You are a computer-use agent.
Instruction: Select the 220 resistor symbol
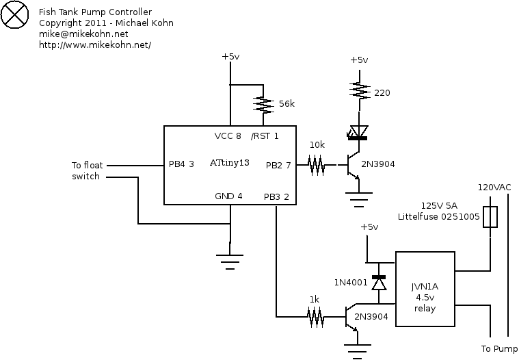pos(358,90)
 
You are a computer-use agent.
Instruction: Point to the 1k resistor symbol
pos(315,317)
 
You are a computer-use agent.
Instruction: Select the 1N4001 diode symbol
pos(378,282)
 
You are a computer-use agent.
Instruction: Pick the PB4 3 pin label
pos(182,164)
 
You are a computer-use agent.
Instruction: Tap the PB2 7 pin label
pos(278,165)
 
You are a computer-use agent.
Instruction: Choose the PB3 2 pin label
pos(276,197)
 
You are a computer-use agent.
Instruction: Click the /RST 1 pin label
pos(265,136)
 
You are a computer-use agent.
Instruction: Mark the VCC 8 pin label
pos(228,136)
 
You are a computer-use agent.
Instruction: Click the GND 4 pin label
pos(228,197)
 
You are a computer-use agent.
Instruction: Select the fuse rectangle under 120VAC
pos(490,217)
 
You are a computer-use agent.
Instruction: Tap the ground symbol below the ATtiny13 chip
pos(230,259)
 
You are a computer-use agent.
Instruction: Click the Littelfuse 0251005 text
pos(438,217)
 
